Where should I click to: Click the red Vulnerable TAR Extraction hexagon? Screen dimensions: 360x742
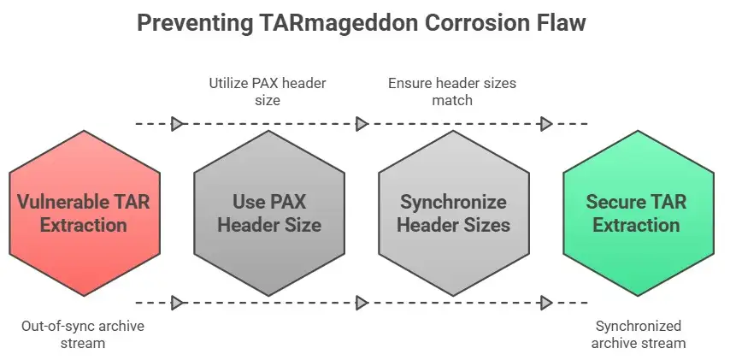click(83, 214)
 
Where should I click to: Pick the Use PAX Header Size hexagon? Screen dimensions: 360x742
click(268, 214)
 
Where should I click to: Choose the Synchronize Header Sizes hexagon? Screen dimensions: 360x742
click(453, 214)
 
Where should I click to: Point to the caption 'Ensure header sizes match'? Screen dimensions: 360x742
click(452, 91)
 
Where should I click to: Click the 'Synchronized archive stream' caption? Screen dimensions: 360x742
click(639, 334)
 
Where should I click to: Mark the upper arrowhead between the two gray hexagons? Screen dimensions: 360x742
click(362, 124)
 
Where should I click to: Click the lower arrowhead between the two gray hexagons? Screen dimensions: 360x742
click(362, 303)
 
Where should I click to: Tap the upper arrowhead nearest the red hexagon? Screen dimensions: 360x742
click(178, 124)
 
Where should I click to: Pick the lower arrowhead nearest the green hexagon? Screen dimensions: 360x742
click(547, 303)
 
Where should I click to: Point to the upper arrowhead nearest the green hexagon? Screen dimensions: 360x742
click(547, 124)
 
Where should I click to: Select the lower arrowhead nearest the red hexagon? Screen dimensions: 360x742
click(178, 303)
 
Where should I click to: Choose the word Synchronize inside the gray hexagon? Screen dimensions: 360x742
click(453, 203)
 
